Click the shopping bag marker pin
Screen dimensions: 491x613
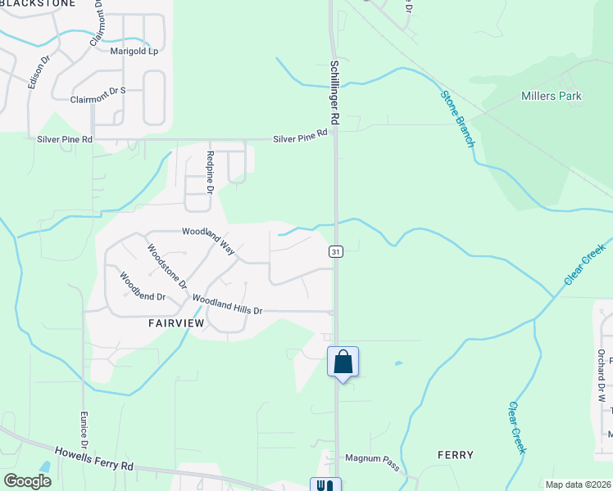[x=343, y=362]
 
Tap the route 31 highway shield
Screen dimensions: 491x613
[x=336, y=251]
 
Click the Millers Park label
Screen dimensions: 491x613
[x=552, y=96]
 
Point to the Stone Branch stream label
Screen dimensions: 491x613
[x=457, y=119]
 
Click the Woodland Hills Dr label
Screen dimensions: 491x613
[x=228, y=304]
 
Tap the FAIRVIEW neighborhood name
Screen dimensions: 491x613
[x=175, y=323]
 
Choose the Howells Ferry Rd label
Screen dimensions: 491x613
[x=93, y=458]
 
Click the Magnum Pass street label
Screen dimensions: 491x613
[x=371, y=463]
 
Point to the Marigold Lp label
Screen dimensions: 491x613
[x=134, y=51]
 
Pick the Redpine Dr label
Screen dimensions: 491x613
[x=211, y=172]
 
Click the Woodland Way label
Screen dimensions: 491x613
[x=208, y=236]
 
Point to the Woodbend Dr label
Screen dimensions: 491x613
[x=143, y=286]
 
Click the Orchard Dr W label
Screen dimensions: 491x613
[x=601, y=373]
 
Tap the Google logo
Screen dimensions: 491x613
[x=27, y=481]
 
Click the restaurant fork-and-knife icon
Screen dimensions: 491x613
[x=325, y=484]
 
